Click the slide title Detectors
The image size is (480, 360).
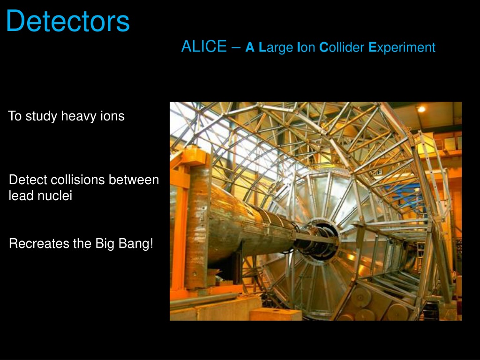coord(67,21)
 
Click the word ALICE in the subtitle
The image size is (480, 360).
coord(204,46)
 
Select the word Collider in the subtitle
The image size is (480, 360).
coord(342,47)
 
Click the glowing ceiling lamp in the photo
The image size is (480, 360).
coord(421,109)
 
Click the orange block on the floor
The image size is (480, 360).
coord(276,315)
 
